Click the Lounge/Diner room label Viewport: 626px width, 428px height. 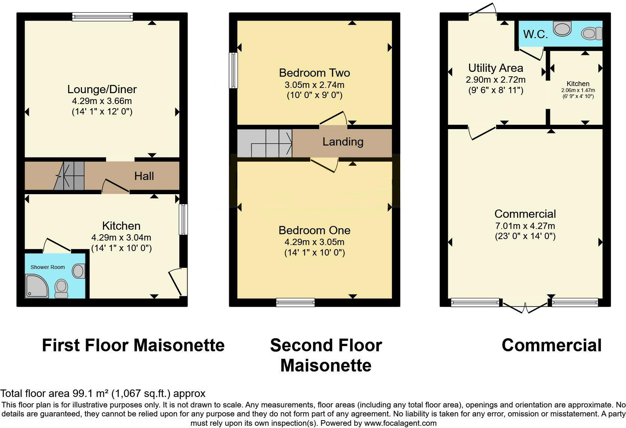[102, 89]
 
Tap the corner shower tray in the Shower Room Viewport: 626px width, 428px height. [36, 286]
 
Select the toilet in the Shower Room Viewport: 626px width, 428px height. [61, 288]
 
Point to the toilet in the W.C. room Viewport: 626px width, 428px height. [592, 34]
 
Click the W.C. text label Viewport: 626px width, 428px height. [535, 34]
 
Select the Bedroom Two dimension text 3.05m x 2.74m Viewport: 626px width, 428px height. [314, 85]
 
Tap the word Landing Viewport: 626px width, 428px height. [343, 142]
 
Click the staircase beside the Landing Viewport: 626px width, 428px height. [265, 143]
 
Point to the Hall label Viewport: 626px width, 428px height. [144, 176]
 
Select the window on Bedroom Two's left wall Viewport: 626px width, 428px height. [233, 70]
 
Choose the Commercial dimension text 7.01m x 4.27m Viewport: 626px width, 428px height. [525, 226]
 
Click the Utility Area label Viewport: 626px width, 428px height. [495, 68]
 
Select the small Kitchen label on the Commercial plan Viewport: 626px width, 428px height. [578, 84]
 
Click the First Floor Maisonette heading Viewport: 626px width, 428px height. [133, 345]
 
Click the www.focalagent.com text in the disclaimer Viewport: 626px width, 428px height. [400, 423]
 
